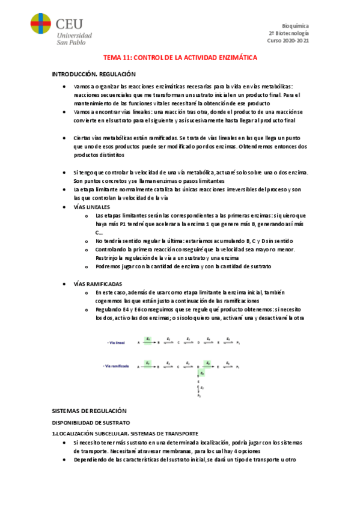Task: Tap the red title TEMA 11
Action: [x=180, y=57]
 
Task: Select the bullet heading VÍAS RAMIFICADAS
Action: [x=97, y=283]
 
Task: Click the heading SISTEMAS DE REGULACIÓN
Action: [x=90, y=410]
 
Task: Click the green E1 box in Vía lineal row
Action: [x=148, y=339]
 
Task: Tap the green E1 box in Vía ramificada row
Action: [x=148, y=363]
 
